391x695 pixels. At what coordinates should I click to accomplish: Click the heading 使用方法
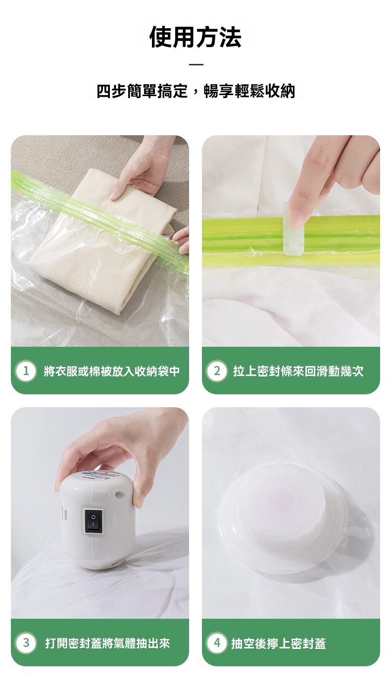point(195,38)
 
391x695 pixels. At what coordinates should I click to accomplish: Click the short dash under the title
point(196,64)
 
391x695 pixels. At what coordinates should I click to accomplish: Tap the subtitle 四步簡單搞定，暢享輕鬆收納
point(195,91)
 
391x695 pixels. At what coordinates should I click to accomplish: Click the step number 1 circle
point(26,371)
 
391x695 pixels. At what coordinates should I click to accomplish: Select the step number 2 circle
point(217,371)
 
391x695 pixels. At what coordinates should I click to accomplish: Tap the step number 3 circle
point(26,643)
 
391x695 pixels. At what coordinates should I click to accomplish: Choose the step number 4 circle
point(217,643)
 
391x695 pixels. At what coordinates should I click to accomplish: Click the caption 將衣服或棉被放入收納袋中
point(112,371)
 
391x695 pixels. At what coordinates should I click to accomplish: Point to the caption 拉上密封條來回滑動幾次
point(298,371)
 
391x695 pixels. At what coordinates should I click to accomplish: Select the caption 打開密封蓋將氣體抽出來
point(107,643)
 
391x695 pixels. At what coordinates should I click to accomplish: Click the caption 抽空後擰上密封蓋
point(279,643)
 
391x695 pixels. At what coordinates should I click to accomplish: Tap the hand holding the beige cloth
point(144,168)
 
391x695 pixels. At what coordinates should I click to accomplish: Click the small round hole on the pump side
point(118,494)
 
